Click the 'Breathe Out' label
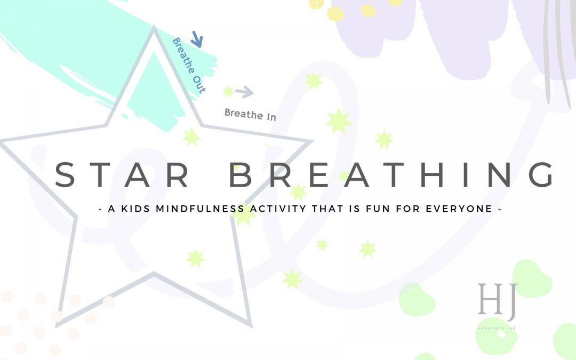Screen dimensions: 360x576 tap(188, 66)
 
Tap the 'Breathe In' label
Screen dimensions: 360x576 tap(250, 114)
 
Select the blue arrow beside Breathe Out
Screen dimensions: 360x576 tap(197, 39)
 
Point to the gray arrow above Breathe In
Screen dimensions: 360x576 tap(244, 92)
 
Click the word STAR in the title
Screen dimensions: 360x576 tap(123, 175)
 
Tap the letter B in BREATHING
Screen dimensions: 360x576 tap(242, 175)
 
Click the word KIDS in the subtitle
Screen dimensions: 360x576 tap(136, 209)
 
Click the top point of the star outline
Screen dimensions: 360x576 tap(155, 29)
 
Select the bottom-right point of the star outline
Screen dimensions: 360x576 tap(249, 324)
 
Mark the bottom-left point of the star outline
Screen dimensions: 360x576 tap(58, 324)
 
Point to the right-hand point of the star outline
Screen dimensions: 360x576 tap(309, 142)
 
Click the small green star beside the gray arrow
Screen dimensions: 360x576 tap(229, 92)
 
